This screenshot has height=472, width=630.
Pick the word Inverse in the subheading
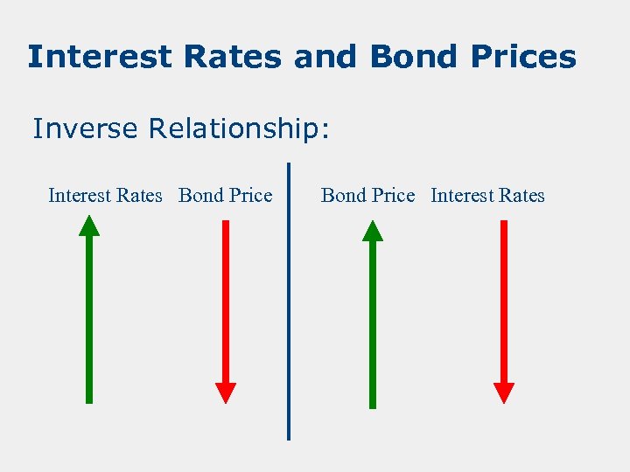point(86,129)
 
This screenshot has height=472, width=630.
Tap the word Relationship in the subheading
point(238,129)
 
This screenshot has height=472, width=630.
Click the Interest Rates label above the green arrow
point(105,196)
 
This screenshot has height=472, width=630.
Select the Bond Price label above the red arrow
point(225,196)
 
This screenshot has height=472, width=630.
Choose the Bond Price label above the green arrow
point(367,196)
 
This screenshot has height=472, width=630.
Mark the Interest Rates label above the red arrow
point(487,196)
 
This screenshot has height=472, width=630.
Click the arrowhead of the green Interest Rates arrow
point(89,226)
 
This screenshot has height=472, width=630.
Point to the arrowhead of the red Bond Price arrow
point(226,393)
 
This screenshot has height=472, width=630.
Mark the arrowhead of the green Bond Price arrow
point(373,231)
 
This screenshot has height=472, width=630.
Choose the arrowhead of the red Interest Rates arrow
point(504,393)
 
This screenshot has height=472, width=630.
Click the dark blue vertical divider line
point(289,302)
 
